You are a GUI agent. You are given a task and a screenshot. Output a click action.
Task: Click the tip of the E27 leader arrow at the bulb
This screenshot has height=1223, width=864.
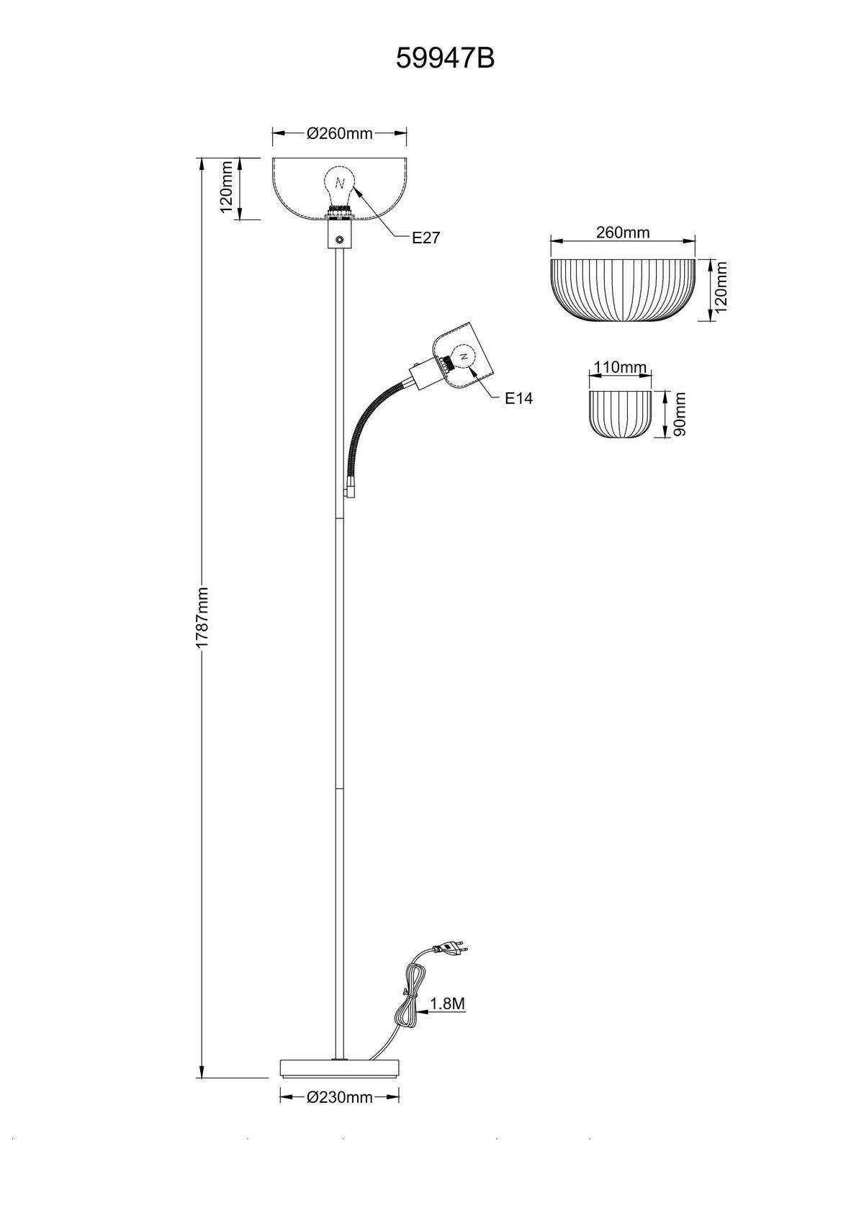point(354,186)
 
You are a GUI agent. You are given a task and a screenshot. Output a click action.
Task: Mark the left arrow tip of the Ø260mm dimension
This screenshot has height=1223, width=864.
point(273,133)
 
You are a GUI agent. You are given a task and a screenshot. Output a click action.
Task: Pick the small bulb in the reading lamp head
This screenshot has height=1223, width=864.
point(462,358)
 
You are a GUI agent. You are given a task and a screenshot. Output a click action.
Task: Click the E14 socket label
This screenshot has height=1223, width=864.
point(518,399)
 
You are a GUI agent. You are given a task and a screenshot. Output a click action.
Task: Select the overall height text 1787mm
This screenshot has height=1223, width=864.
point(202,618)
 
